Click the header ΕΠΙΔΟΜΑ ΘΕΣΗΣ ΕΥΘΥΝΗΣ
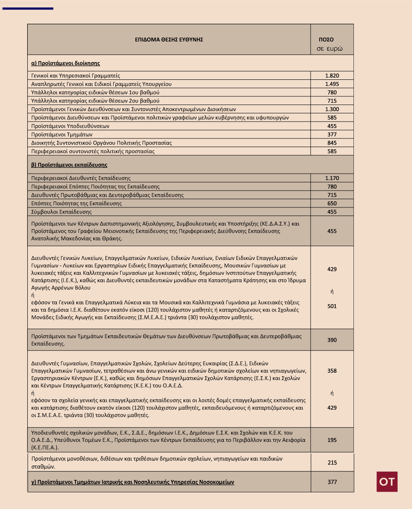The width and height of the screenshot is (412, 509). [x=169, y=39]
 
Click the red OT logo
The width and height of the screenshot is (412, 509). [x=387, y=482]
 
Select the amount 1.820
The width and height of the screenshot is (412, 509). [x=332, y=76]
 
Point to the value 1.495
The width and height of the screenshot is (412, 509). [x=332, y=84]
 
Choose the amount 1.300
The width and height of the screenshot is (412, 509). [x=332, y=109]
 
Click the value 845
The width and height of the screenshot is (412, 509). [x=332, y=143]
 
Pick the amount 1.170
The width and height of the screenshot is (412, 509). [x=332, y=178]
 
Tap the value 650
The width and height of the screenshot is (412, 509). [x=332, y=203]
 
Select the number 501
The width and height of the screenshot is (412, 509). [x=332, y=306]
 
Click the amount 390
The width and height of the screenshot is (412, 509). [x=332, y=340]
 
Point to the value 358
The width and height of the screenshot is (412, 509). [x=332, y=371]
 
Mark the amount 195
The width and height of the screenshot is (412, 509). [x=332, y=440]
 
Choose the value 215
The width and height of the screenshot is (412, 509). [x=332, y=463]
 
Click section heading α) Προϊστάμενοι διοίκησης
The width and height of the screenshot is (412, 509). [x=65, y=63]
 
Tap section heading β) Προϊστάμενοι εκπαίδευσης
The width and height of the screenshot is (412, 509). [x=69, y=165]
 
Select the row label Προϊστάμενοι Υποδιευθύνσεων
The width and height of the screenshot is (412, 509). [x=70, y=126]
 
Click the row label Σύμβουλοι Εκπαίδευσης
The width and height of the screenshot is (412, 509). [x=62, y=212]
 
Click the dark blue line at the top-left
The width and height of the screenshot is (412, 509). [x=28, y=8]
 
